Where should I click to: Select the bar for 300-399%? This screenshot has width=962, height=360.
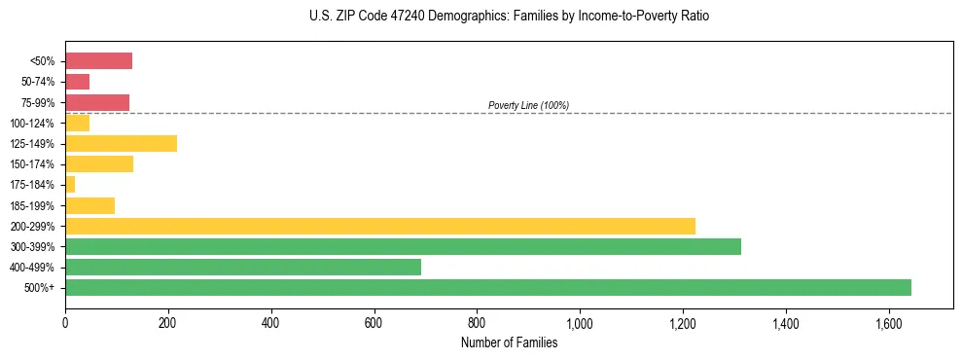click(403, 246)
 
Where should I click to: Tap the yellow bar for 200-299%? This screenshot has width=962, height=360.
click(380, 226)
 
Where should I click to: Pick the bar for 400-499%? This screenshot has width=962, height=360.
click(243, 267)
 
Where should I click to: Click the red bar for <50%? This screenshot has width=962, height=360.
click(98, 61)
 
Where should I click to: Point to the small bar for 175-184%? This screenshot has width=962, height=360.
click(70, 184)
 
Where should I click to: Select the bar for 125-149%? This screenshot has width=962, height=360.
click(121, 143)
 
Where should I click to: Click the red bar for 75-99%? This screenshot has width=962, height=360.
click(97, 102)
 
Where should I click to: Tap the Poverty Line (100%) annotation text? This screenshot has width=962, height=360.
click(528, 105)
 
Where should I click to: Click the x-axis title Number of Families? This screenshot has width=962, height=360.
click(509, 342)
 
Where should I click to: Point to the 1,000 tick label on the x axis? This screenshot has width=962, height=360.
click(580, 323)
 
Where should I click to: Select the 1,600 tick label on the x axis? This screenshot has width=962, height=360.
click(888, 323)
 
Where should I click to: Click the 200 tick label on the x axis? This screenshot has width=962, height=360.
click(168, 323)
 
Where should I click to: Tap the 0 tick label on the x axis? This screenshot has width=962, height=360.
click(65, 323)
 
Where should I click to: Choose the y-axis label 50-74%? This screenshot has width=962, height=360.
click(38, 82)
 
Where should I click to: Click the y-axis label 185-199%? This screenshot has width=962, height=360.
click(34, 205)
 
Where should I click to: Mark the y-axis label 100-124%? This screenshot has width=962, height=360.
click(34, 124)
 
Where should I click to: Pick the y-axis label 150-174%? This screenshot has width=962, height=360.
click(34, 164)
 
